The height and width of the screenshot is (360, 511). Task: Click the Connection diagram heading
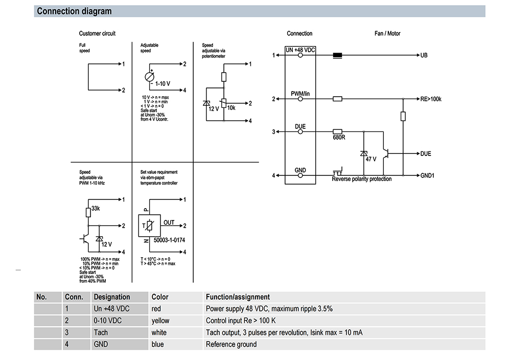[74, 11]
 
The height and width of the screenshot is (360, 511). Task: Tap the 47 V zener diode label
[370, 159]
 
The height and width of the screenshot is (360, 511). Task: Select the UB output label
[424, 55]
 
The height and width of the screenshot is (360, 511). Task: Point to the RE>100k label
[431, 99]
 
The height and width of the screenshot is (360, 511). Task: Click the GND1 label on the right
[428, 175]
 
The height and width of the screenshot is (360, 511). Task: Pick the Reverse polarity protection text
[361, 179]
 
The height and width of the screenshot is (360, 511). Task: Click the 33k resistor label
[95, 209]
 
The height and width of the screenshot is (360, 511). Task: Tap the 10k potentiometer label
[231, 108]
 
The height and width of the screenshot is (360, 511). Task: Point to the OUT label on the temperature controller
[169, 222]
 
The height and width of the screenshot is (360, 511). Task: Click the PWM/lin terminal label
[300, 93]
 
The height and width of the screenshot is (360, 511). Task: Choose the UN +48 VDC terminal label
[300, 50]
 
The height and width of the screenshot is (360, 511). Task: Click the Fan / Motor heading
[387, 33]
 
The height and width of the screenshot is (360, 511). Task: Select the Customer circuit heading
[97, 33]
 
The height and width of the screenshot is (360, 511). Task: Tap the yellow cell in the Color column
[160, 321]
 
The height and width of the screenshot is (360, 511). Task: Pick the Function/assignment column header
[238, 297]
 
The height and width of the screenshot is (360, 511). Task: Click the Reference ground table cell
[231, 344]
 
